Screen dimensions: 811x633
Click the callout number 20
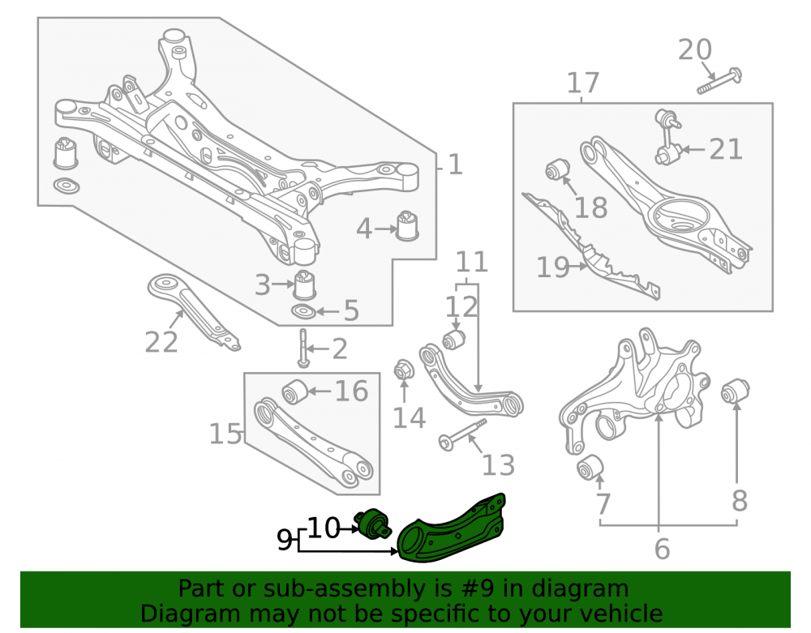pos(695,49)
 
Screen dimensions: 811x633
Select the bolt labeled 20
pos(719,81)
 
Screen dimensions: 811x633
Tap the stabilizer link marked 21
pos(667,137)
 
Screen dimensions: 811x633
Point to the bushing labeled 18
pos(558,169)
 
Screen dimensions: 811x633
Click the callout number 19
pos(553,267)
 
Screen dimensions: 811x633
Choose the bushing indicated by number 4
pos(408,225)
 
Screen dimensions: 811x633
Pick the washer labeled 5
pos(303,311)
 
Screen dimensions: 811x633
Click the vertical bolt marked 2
pos(303,348)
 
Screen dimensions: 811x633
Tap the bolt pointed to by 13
pos(462,435)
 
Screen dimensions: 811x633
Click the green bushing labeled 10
pos(372,526)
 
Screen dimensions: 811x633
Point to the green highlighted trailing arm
pos(451,530)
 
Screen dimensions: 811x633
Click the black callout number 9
pos(284,540)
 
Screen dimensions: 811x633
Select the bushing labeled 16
pos(294,391)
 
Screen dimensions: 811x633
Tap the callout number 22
pos(161,342)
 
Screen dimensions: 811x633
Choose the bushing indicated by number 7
pos(590,468)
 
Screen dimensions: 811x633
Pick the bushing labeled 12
pos(454,340)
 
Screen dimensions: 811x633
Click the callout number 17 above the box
pos(583,83)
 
